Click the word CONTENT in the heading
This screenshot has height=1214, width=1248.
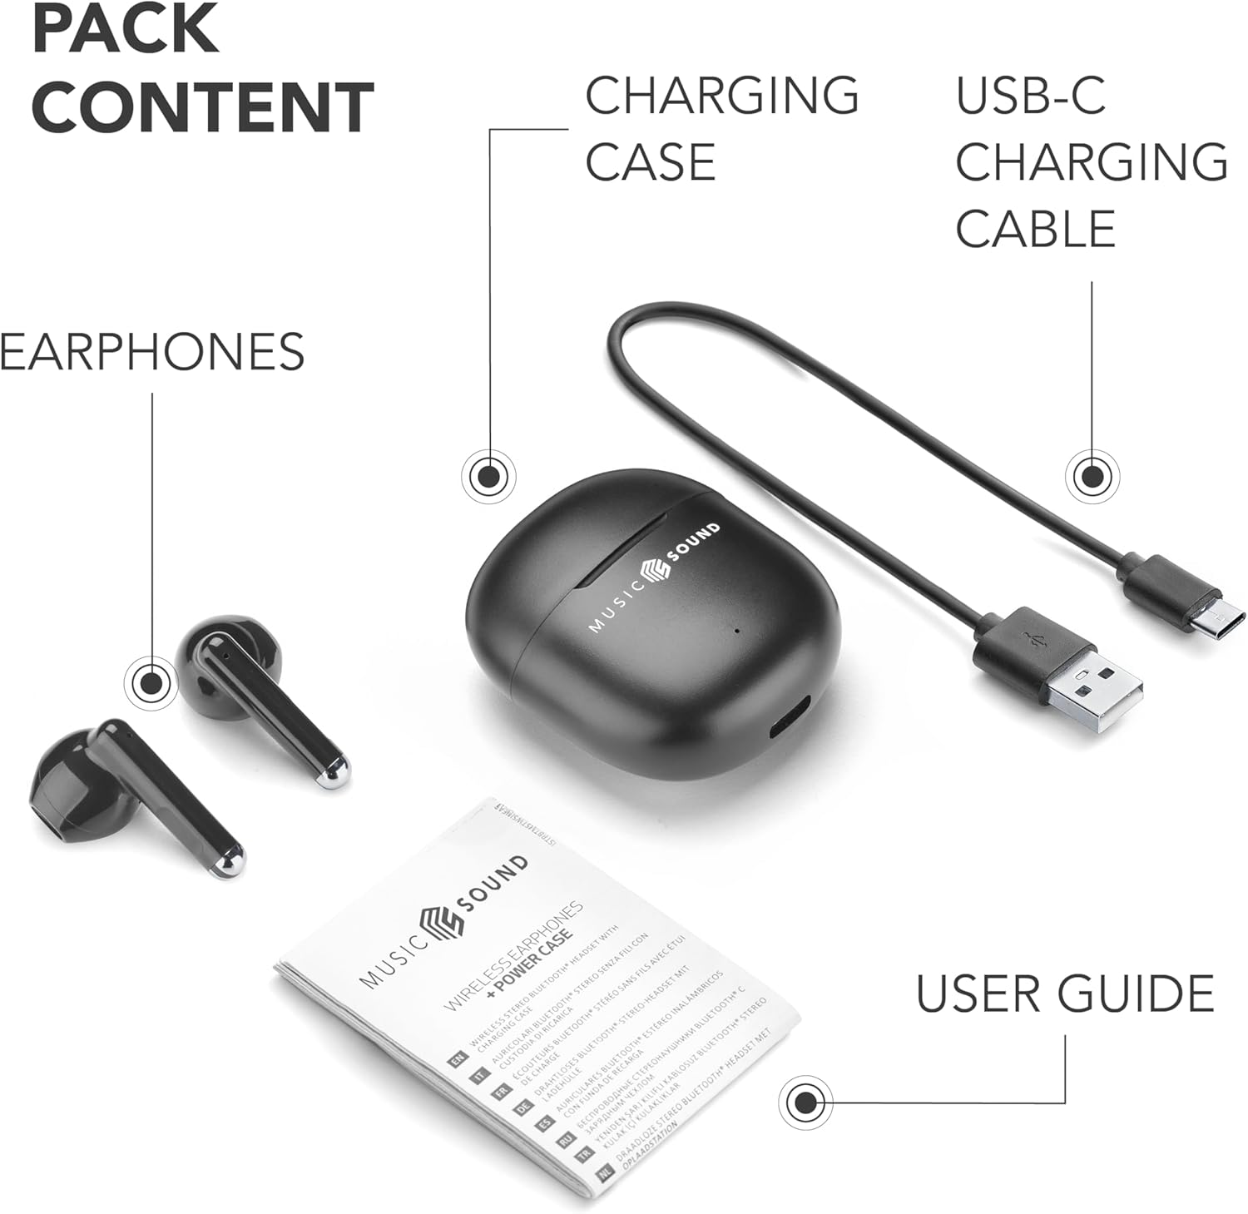point(203,107)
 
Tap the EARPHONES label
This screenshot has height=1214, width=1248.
point(152,351)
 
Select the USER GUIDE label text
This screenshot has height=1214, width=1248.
point(1065,993)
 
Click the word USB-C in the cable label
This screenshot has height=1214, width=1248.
point(1030,96)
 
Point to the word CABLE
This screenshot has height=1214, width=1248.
point(1035,229)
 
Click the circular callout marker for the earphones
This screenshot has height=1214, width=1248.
point(151,684)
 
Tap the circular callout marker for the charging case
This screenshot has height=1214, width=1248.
point(488,477)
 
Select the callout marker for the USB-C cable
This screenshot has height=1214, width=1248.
point(1091,477)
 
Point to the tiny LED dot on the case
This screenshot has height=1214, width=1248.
point(737,629)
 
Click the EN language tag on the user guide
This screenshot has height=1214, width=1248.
point(456,1059)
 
